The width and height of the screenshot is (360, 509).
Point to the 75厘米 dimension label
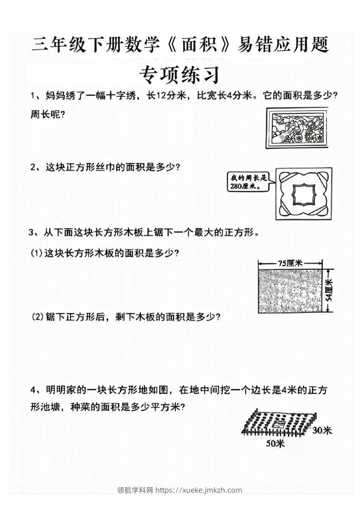(291, 263)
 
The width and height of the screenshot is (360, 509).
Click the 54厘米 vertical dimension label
(330, 290)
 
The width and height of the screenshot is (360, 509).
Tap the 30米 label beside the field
(322, 430)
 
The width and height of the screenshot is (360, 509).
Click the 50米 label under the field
(274, 444)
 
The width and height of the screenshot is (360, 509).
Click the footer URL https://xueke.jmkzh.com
(199, 489)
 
